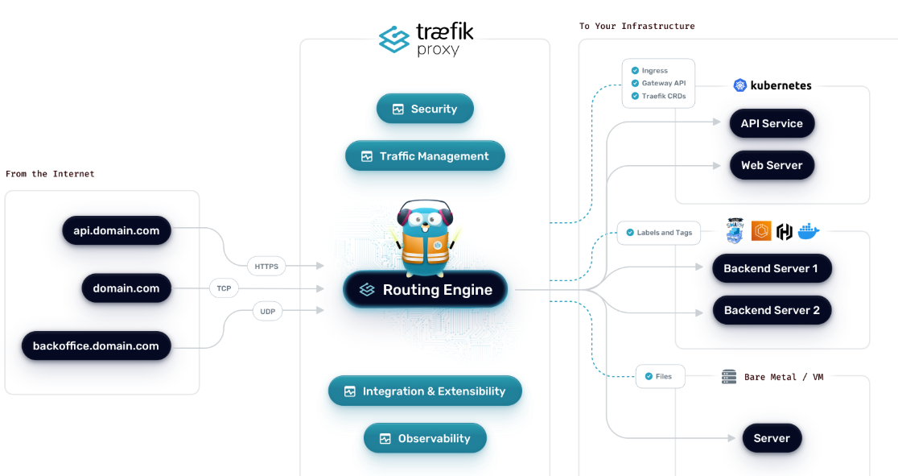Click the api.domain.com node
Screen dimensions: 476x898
point(117,230)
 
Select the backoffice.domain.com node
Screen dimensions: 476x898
point(96,346)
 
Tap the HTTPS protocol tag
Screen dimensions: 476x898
point(266,266)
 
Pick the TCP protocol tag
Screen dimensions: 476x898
point(224,288)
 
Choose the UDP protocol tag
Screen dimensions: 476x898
point(267,311)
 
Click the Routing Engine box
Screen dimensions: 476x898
point(426,290)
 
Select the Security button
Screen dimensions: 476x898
point(425,109)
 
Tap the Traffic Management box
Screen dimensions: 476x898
point(425,156)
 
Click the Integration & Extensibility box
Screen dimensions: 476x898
point(425,391)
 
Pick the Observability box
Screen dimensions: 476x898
point(425,439)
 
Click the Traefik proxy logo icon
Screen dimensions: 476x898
point(394,39)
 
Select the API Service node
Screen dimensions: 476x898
point(772,123)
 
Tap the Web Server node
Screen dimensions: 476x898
point(772,165)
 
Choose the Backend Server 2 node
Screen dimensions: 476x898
point(772,310)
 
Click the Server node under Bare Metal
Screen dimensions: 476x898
point(772,438)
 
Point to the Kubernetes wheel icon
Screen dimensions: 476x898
point(740,85)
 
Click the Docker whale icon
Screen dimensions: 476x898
point(808,232)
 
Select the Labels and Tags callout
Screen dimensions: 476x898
point(659,233)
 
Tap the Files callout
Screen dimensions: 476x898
point(659,376)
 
